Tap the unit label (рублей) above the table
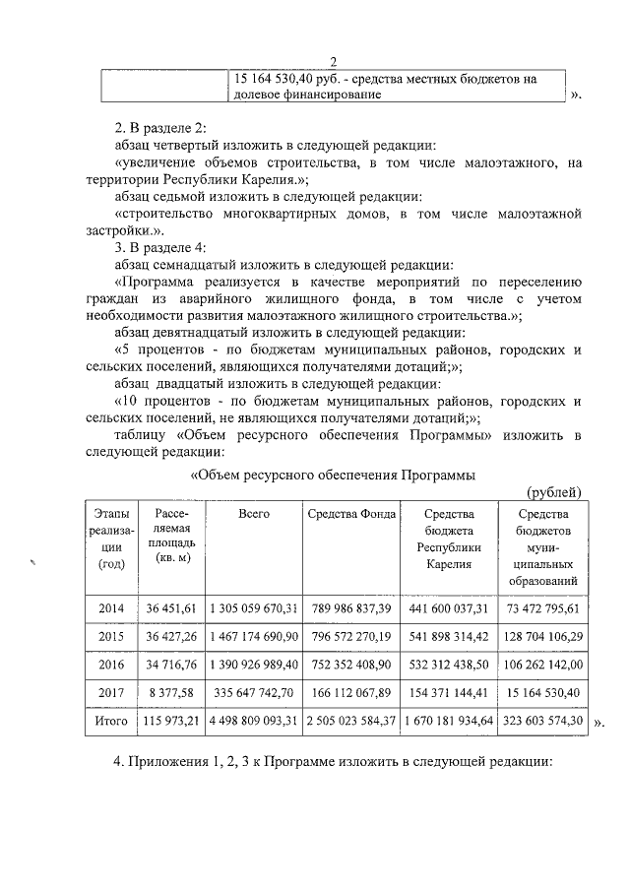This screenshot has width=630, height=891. tap(555, 492)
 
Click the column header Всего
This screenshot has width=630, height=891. tap(254, 515)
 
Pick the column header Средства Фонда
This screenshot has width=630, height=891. tap(351, 515)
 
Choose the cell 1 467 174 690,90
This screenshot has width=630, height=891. tap(254, 637)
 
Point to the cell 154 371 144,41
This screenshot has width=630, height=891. tap(450, 693)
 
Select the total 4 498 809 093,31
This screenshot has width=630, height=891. tap(254, 721)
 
